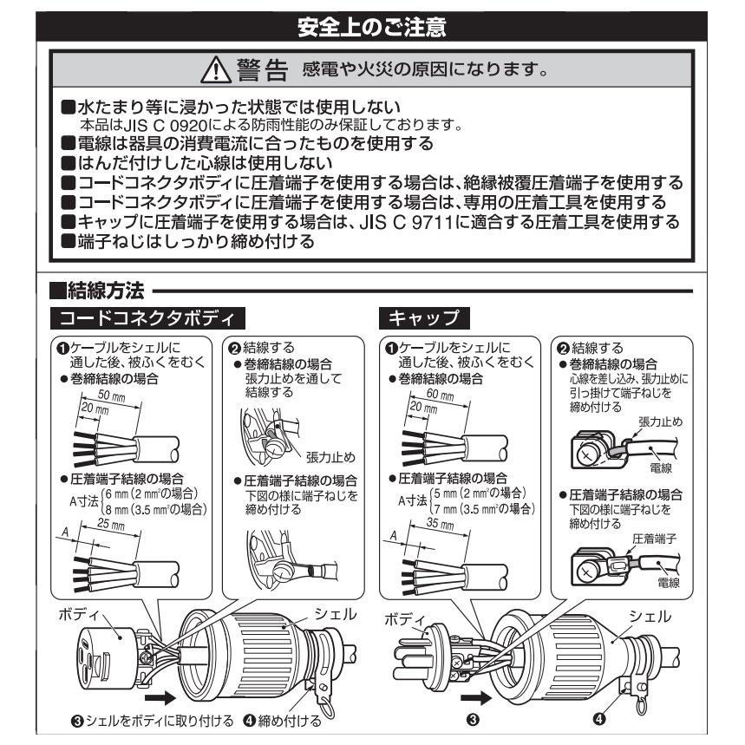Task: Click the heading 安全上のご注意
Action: click(372, 28)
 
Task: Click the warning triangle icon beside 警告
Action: click(213, 68)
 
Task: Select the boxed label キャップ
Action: click(425, 315)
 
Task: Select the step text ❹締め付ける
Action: click(283, 720)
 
